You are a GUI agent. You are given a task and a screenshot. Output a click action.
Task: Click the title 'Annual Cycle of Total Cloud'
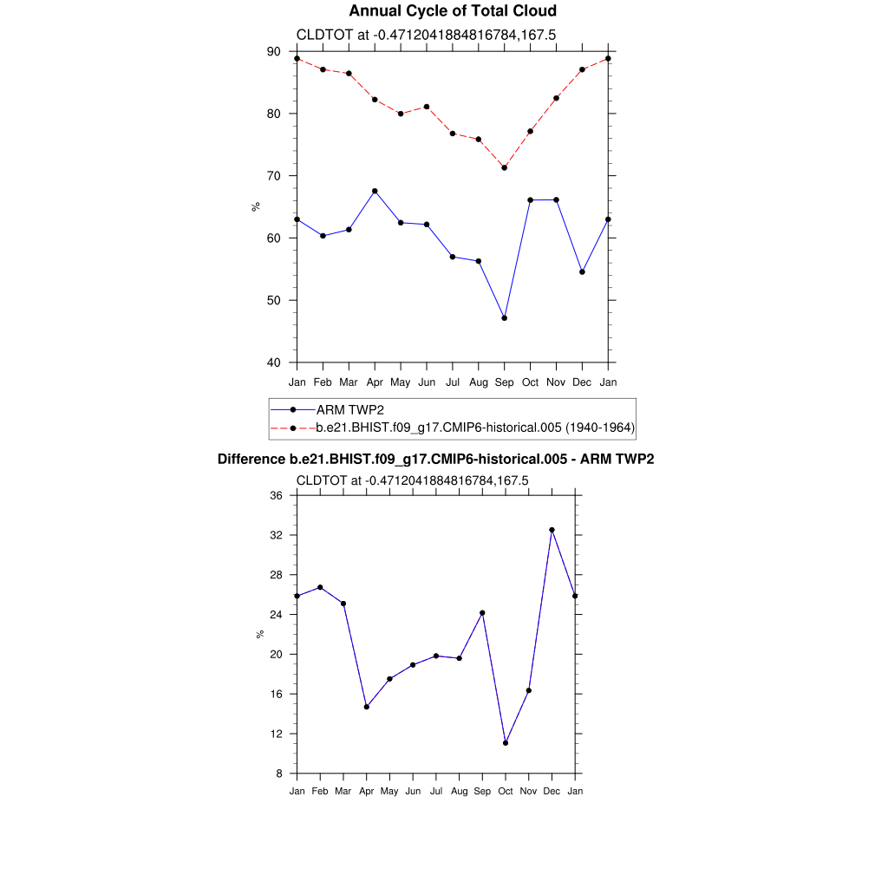pyautogui.click(x=452, y=11)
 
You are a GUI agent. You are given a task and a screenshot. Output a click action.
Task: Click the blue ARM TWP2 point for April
pyautogui.click(x=375, y=191)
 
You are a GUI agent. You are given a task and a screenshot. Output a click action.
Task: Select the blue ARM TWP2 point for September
pyautogui.click(x=505, y=318)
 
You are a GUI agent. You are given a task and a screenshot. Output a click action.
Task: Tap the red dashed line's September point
pyautogui.click(x=505, y=167)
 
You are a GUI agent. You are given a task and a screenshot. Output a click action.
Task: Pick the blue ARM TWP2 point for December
pyautogui.click(x=582, y=272)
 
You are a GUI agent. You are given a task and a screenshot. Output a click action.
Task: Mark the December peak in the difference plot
pyautogui.click(x=552, y=530)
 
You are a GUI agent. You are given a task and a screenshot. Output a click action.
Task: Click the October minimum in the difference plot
pyautogui.click(x=506, y=743)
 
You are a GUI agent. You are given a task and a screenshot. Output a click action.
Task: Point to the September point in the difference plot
pyautogui.click(x=482, y=613)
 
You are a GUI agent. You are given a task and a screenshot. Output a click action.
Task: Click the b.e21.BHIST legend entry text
pyautogui.click(x=475, y=428)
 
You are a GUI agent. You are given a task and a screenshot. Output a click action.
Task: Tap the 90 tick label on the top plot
pyautogui.click(x=274, y=52)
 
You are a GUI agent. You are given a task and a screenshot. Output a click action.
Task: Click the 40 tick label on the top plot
pyautogui.click(x=274, y=362)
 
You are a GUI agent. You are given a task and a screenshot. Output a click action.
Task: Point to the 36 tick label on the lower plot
pyautogui.click(x=277, y=496)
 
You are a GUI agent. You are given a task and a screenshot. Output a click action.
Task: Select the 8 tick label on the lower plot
pyautogui.click(x=280, y=774)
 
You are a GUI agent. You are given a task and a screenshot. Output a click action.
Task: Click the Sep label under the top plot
pyautogui.click(x=505, y=382)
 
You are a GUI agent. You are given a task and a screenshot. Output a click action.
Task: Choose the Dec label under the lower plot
pyautogui.click(x=552, y=791)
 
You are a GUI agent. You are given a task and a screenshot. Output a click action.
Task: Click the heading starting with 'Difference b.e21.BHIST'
pyautogui.click(x=435, y=460)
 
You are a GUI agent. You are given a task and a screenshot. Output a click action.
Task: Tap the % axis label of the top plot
pyautogui.click(x=255, y=206)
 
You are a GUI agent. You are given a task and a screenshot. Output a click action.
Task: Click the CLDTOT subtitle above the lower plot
pyautogui.click(x=413, y=480)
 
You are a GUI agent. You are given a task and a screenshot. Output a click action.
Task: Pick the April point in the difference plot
pyautogui.click(x=367, y=707)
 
